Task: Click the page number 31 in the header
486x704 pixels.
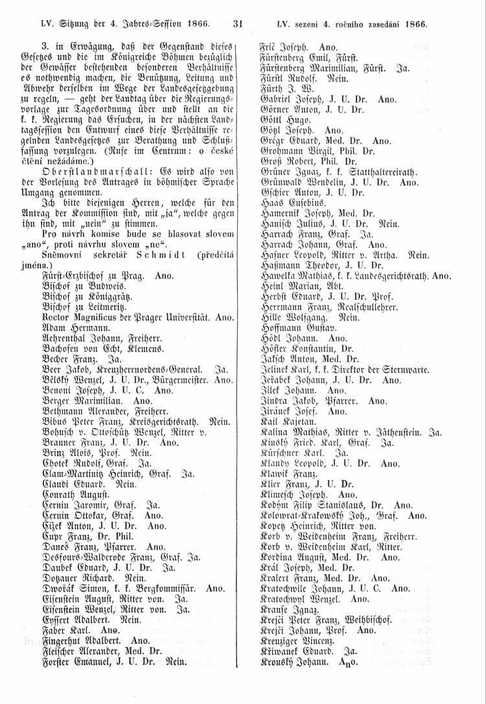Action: pos(236,25)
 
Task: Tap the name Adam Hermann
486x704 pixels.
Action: pos(73,329)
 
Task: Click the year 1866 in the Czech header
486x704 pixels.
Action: pos(413,25)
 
